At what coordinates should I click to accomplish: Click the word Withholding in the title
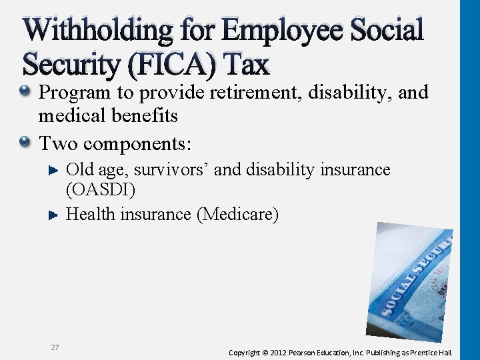[x=97, y=31]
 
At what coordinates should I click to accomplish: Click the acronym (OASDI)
[x=101, y=190]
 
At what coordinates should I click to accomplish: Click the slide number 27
[x=55, y=347]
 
